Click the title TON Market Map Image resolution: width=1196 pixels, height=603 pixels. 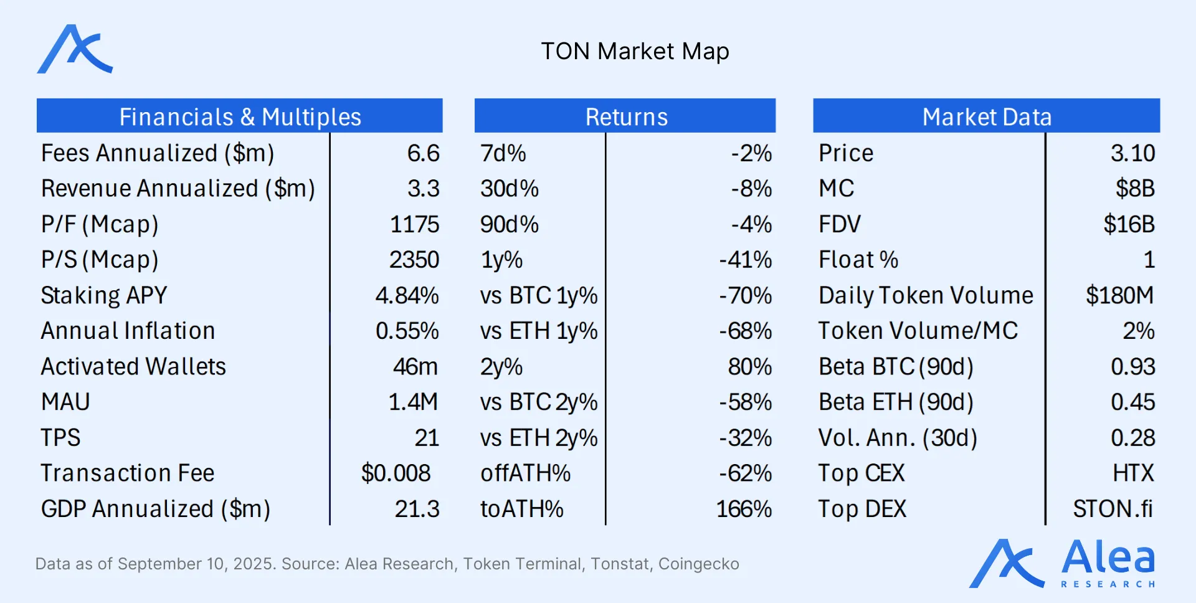[635, 52]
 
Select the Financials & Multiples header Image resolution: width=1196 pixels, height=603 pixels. [240, 116]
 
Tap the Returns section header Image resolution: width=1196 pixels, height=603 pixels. [626, 116]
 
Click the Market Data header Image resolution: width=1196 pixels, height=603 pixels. [987, 116]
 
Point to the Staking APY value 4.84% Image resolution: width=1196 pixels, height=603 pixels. [407, 295]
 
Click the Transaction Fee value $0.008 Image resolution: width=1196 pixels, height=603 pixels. [396, 473]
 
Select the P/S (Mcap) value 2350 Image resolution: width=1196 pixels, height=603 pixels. [414, 260]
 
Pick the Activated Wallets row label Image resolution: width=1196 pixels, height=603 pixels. [133, 366]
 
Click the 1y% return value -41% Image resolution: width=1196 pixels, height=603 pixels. [745, 260]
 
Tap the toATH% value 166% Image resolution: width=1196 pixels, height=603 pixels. [744, 509]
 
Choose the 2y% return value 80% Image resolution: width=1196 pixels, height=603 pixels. [749, 366]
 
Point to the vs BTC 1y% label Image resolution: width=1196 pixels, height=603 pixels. [538, 295]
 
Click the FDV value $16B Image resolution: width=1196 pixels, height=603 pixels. [1129, 224]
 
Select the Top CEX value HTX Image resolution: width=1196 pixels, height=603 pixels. [1133, 473]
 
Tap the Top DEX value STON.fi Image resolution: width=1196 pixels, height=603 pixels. [1113, 509]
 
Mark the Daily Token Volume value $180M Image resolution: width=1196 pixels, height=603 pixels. [1119, 295]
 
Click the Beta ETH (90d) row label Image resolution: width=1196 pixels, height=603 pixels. [896, 402]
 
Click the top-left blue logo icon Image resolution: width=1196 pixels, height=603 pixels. [75, 50]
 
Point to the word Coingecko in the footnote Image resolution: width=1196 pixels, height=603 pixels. [698, 564]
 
